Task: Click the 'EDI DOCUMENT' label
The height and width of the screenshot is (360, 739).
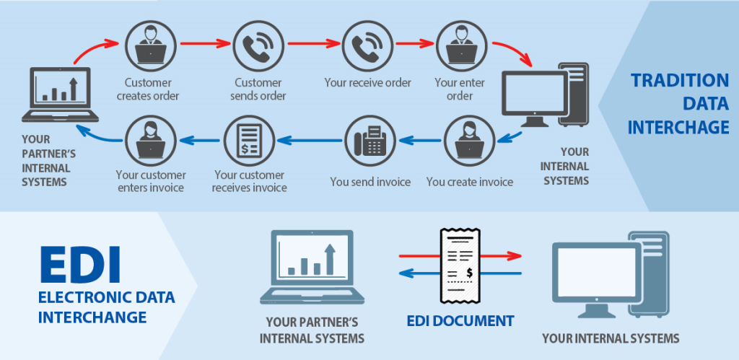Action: click(x=460, y=321)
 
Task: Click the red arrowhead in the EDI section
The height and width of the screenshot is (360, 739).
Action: click(x=514, y=255)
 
